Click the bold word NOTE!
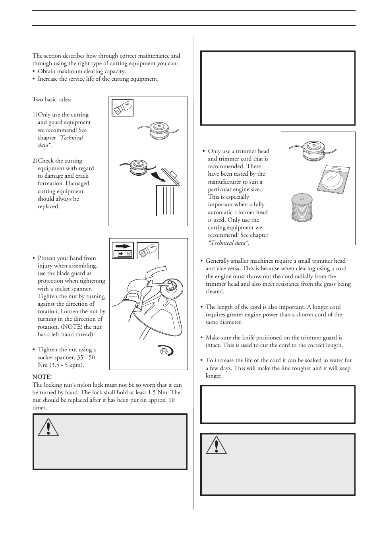click(42, 376)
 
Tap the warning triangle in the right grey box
click(217, 446)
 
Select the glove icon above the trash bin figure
click(122, 108)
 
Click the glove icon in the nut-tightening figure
click(147, 251)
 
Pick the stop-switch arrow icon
click(123, 250)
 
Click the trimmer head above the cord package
click(312, 149)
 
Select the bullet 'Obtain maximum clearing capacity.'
click(81, 72)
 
